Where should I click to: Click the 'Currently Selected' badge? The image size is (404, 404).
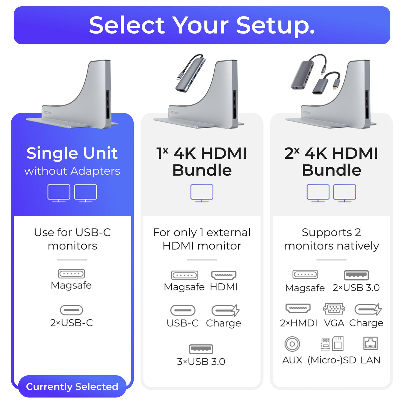72,386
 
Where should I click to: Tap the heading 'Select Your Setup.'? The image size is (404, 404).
202,25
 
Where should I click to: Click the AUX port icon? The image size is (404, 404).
292,344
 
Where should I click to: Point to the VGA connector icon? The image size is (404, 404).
334,309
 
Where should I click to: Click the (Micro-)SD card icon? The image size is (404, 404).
332,343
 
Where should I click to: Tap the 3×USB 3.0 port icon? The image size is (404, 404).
201,349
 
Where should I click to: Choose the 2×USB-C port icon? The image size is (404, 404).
71,310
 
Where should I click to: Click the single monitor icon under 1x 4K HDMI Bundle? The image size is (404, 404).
202,193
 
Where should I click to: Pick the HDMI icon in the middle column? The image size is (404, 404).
224,275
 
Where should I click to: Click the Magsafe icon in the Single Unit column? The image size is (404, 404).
71,274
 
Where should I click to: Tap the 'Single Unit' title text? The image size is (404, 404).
72,153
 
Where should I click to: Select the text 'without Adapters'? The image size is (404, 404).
72,171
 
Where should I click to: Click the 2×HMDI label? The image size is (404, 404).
299,323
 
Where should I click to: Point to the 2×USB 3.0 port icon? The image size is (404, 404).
356,275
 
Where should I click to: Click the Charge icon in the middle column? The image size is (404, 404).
225,310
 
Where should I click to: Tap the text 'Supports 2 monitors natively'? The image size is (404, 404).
331,239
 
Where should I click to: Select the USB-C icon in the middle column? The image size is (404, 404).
183,310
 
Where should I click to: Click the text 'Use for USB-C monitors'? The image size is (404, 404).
72,239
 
